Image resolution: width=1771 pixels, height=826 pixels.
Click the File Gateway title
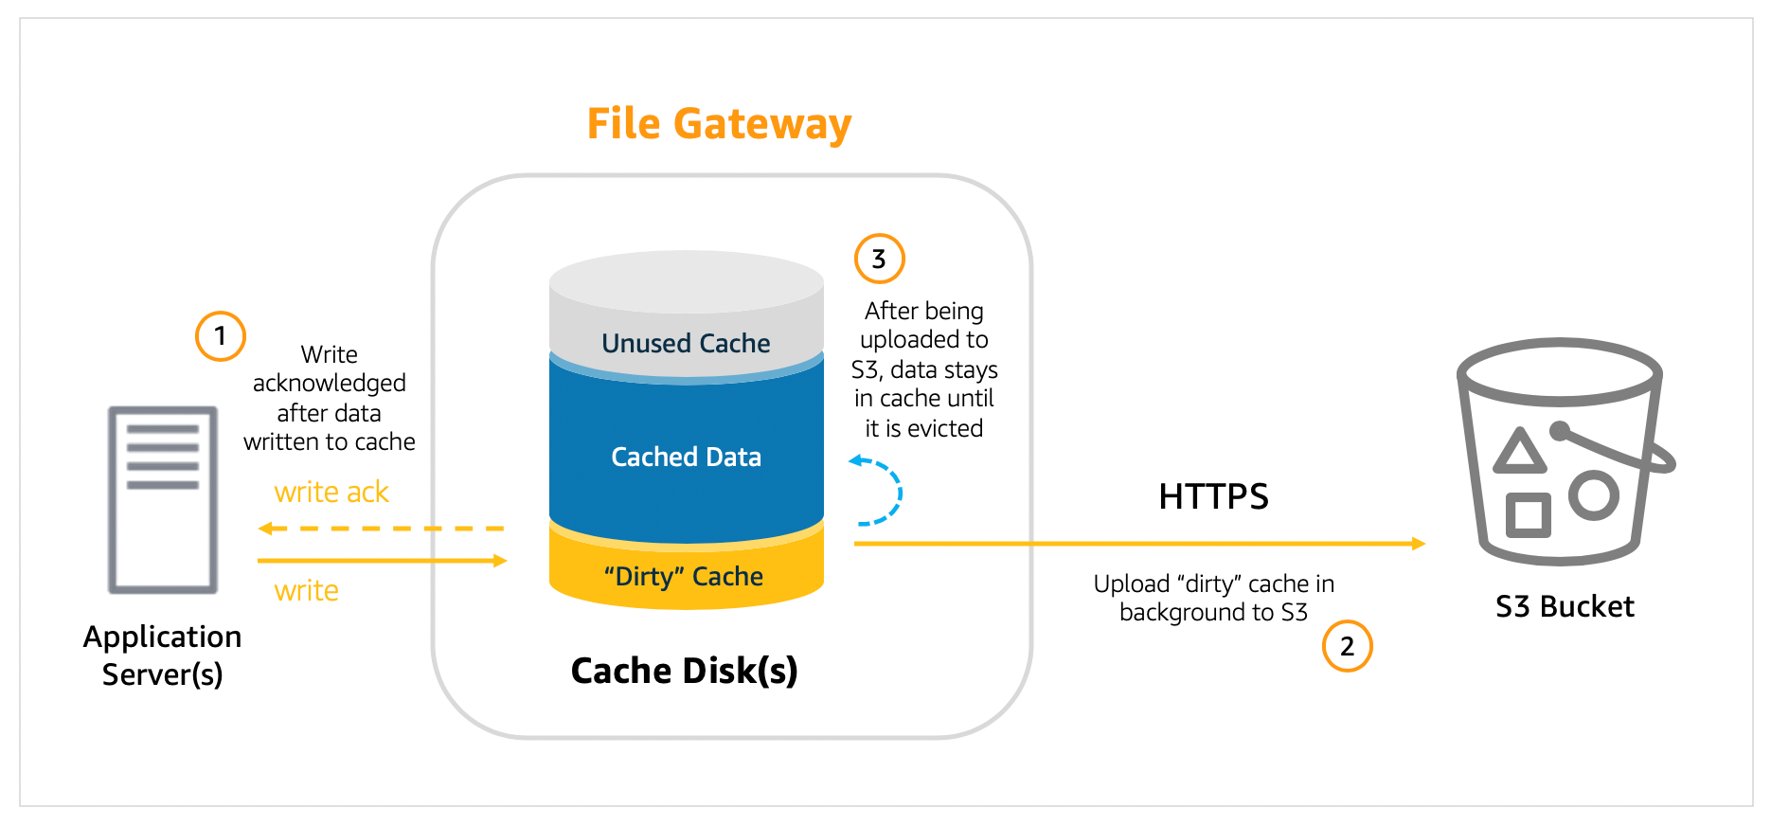tap(719, 124)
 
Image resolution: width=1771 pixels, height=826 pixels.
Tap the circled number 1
tap(221, 336)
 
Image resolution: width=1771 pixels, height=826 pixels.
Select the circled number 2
tap(1347, 646)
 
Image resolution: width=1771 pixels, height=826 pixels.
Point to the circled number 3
tap(879, 259)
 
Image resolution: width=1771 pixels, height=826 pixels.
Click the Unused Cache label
tap(686, 343)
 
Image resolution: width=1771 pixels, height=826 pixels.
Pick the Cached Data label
tap(686, 457)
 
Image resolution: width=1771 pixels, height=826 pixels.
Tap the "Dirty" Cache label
tap(684, 576)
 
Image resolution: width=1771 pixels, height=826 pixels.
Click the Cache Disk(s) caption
tap(684, 671)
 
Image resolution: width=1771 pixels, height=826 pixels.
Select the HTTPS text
tap(1213, 496)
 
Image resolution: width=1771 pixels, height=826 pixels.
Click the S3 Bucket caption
tap(1565, 606)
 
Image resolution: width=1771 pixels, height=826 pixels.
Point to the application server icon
tap(163, 499)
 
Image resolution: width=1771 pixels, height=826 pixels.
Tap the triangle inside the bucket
tap(1519, 452)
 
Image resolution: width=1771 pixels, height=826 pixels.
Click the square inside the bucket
tap(1528, 515)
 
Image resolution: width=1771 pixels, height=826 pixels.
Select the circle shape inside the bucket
tap(1593, 494)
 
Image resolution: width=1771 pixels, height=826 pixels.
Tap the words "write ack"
tap(331, 492)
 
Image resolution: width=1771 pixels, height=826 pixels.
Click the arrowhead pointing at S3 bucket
tap(1418, 544)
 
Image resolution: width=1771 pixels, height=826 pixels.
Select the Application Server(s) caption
tap(162, 655)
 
